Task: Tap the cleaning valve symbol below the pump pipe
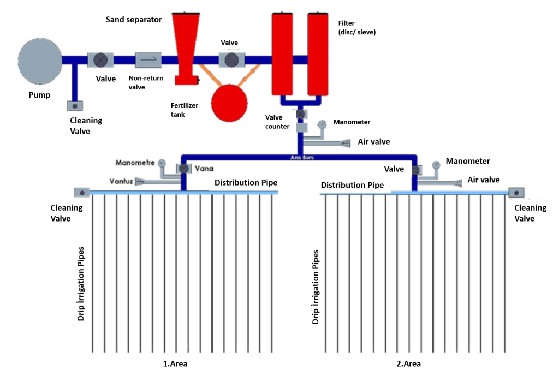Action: pyautogui.click(x=75, y=105)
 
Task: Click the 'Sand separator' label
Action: pyautogui.click(x=134, y=20)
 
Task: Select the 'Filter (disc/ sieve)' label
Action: pyautogui.click(x=355, y=27)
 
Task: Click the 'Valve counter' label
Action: pyautogui.click(x=277, y=122)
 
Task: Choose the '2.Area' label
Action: pyautogui.click(x=408, y=364)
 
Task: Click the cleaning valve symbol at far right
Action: pyautogui.click(x=516, y=192)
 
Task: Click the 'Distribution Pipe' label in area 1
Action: pyautogui.click(x=246, y=182)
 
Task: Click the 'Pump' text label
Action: pyautogui.click(x=39, y=95)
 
